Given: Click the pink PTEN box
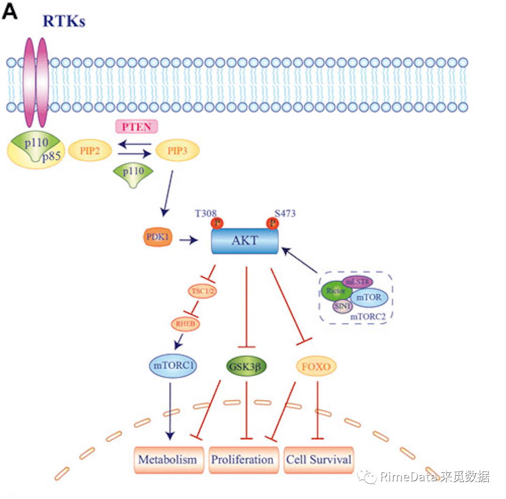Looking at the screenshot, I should tap(136, 127).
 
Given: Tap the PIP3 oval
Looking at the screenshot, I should tap(177, 150).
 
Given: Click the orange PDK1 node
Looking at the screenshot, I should tap(157, 238).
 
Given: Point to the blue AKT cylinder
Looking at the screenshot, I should tap(245, 241).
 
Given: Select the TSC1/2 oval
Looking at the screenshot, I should tap(202, 291).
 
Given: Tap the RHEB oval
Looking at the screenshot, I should tap(186, 324).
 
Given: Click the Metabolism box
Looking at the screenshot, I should tap(168, 459).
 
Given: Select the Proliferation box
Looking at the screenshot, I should tap(242, 459).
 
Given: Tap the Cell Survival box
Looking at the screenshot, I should tap(318, 459).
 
